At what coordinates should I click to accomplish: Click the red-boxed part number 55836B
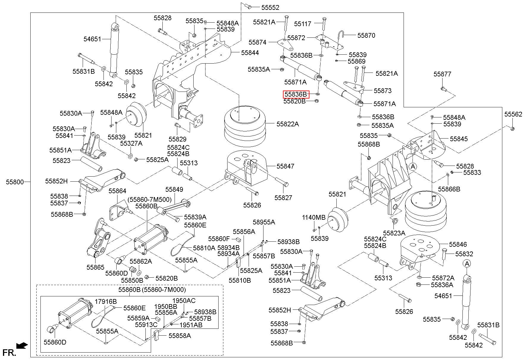tap(296, 95)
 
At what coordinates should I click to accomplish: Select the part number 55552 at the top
tap(270, 8)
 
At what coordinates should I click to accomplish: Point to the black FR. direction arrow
tap(22, 345)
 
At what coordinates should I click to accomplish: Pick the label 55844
tap(250, 53)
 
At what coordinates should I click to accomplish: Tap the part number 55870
tap(366, 35)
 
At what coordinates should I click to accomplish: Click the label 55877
tap(442, 74)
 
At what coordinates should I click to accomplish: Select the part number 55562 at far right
tap(513, 114)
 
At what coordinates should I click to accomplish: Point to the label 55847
tap(286, 166)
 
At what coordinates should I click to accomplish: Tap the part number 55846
tap(458, 244)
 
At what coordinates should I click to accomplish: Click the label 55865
tap(95, 267)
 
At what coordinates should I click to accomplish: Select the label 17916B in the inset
tap(106, 301)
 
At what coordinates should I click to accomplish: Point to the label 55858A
tap(180, 336)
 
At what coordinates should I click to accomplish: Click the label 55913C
tap(146, 325)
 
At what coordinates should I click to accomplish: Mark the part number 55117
tap(303, 23)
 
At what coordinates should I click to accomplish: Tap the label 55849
tap(174, 189)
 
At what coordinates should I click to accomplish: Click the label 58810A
tap(204, 248)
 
